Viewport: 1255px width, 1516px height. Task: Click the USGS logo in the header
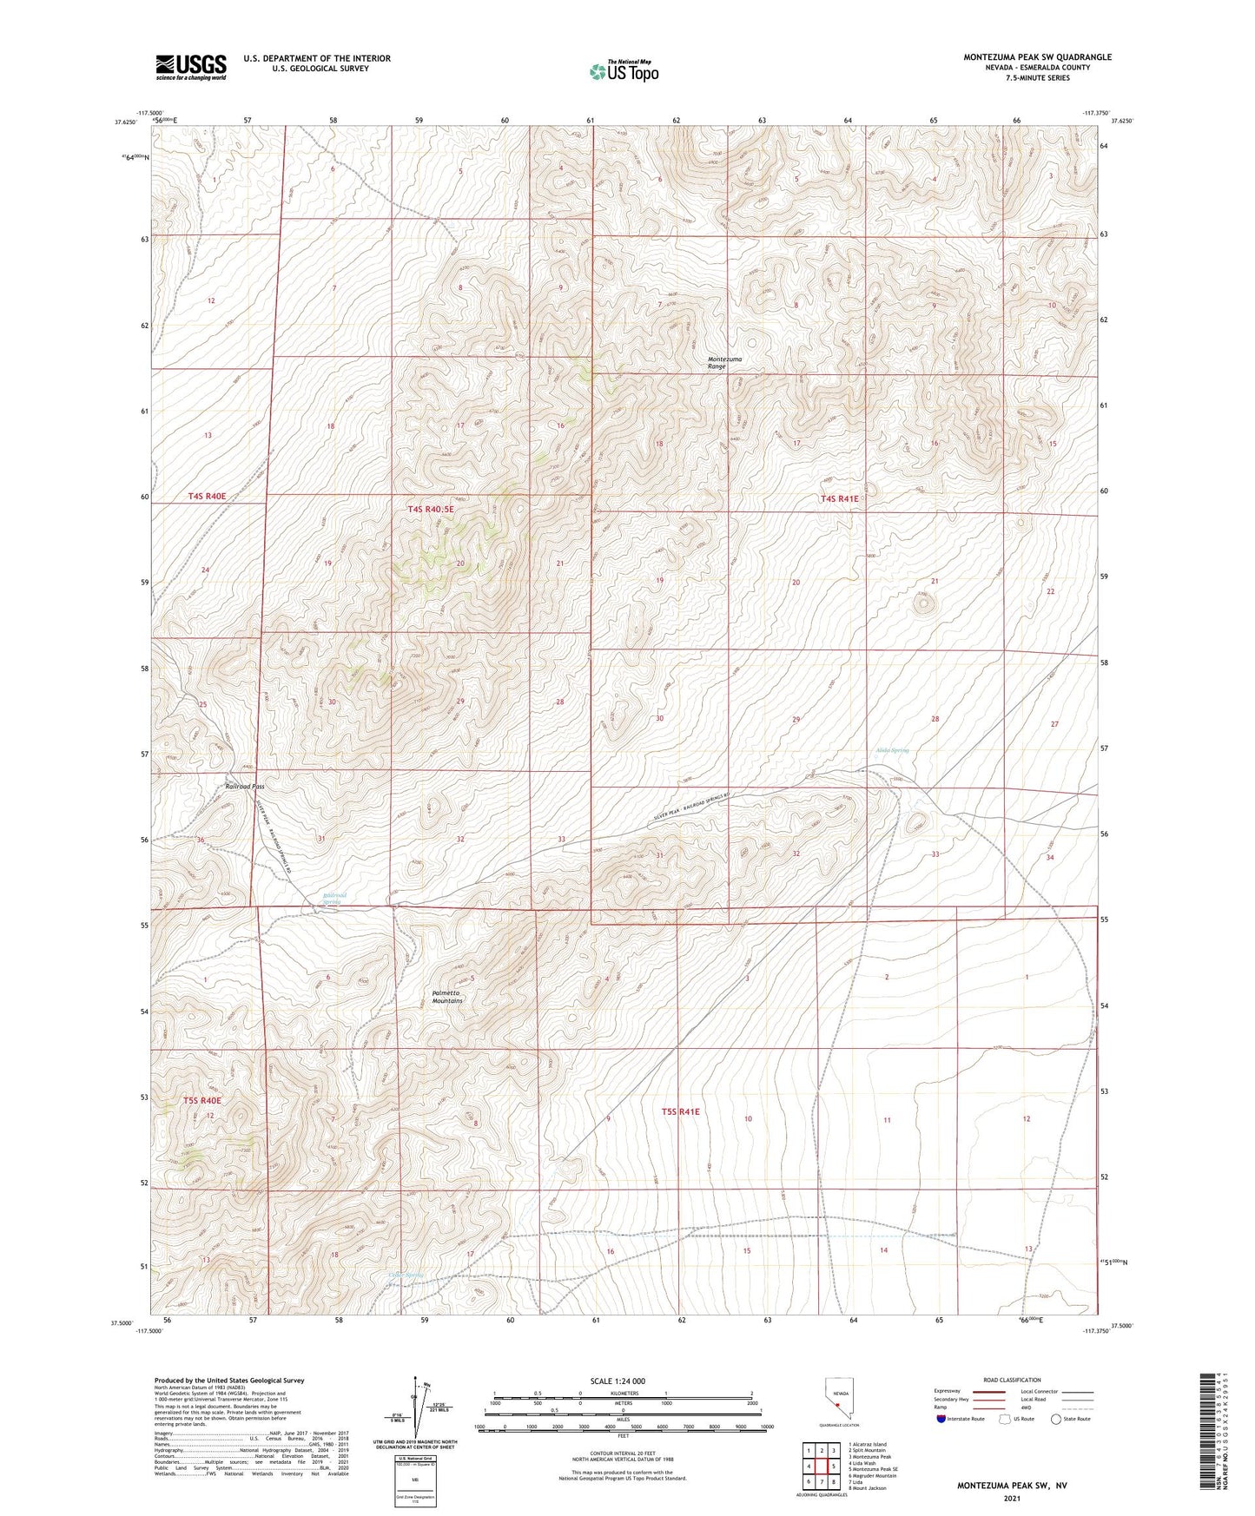click(190, 67)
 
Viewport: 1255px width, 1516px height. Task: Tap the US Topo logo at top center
click(623, 71)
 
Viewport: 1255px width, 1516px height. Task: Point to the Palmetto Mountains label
click(448, 997)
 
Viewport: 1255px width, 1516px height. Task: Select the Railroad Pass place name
click(244, 787)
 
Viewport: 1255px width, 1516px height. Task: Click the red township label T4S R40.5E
click(430, 510)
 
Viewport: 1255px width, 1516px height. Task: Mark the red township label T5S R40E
click(202, 1101)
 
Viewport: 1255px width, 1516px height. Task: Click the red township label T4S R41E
click(839, 498)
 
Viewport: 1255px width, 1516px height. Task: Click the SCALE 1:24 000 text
click(618, 1381)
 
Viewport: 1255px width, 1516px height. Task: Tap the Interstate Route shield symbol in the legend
click(941, 1419)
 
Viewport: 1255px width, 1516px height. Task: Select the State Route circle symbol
click(1057, 1419)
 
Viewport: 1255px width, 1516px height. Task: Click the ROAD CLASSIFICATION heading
click(1013, 1380)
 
